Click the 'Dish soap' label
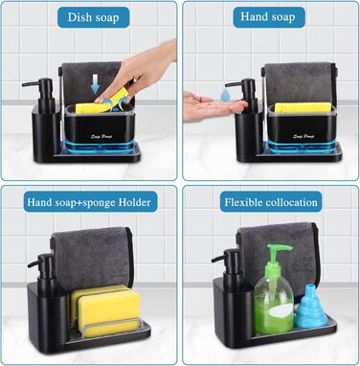(93, 17)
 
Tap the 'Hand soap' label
(268, 17)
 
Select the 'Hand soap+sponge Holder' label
(90, 202)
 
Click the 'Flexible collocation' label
(271, 202)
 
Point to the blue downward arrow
(95, 83)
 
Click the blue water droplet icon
(226, 95)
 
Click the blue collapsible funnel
(311, 307)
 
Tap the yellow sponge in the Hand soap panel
(303, 107)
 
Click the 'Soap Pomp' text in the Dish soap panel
(101, 137)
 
